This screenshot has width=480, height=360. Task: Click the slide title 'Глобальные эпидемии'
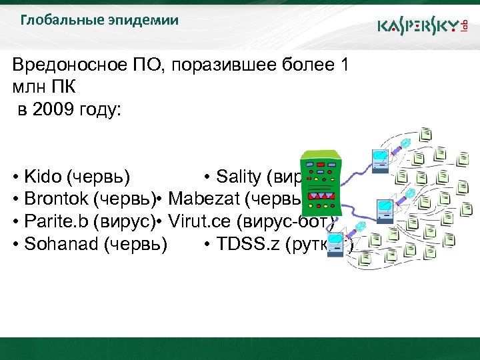[99, 20]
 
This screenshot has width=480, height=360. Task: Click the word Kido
[42, 177]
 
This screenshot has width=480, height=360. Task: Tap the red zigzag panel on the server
[321, 197]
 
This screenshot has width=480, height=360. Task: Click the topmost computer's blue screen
[380, 159]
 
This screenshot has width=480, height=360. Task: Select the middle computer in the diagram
[385, 209]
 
